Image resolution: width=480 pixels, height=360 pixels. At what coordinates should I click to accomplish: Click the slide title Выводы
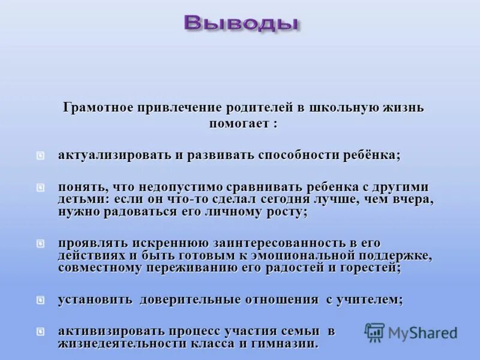tap(242, 23)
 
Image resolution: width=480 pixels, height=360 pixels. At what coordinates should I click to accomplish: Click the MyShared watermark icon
tap(375, 332)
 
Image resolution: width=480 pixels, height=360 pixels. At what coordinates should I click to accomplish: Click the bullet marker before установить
tap(40, 299)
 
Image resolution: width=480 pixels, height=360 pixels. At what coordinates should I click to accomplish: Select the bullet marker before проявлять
tap(40, 243)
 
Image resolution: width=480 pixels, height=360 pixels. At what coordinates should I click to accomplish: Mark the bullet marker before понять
tap(40, 187)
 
